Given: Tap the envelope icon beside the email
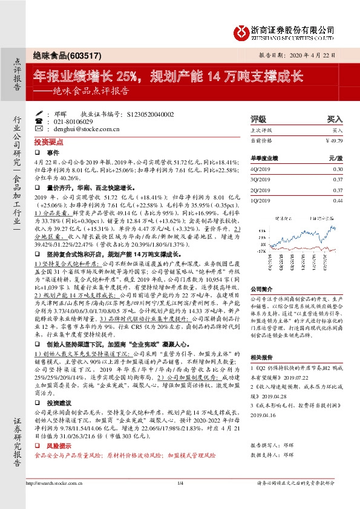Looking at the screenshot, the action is click(39, 129).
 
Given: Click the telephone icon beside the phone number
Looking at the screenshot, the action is click(39, 121).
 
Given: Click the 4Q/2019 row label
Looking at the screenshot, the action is click(258, 169).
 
